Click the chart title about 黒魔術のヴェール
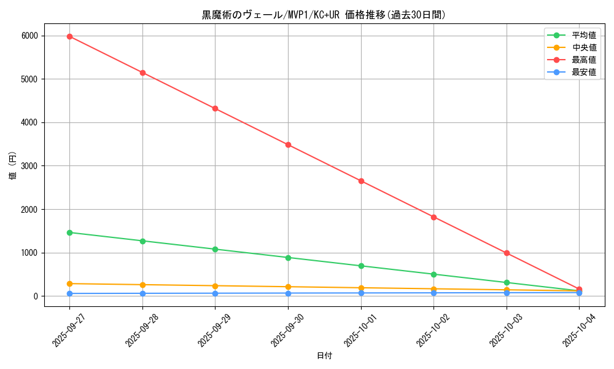pos(324,15)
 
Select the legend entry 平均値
pos(584,35)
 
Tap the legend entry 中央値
pos(584,47)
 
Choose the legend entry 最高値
pos(584,60)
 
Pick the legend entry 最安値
pos(584,72)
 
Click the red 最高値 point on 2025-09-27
pos(69,36)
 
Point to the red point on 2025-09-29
pos(215,108)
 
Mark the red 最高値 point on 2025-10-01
pos(361,181)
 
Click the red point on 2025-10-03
pos(507,253)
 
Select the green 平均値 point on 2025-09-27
pos(69,232)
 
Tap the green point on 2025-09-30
pos(288,258)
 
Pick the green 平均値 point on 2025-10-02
pos(433,274)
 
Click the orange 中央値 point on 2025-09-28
pos(142,285)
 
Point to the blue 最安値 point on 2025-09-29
pos(215,293)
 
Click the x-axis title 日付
pos(324,356)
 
